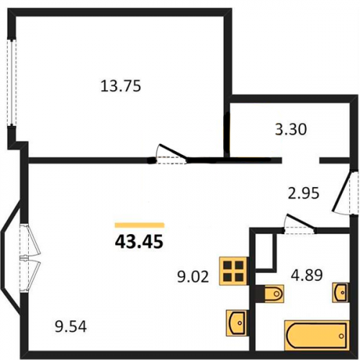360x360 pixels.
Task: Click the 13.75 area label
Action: coord(121,86)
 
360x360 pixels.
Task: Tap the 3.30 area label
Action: coord(291,130)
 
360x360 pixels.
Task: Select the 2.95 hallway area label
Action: coord(304,193)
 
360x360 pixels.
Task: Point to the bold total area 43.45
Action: coord(139,241)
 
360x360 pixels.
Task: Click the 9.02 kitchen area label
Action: coord(193,276)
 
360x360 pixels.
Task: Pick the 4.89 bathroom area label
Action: coord(307,275)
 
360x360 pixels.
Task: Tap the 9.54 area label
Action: coord(71,327)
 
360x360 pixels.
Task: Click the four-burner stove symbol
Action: coord(233,271)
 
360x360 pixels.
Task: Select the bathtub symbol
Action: coord(317,336)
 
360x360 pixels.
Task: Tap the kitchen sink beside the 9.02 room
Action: coord(237,323)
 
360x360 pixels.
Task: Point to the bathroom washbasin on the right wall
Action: coord(341,292)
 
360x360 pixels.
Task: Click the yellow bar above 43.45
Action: coord(140,225)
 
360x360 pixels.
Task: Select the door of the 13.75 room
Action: coord(171,154)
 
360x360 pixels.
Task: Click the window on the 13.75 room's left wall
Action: coord(12,82)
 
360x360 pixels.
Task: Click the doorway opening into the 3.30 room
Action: coord(300,161)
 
